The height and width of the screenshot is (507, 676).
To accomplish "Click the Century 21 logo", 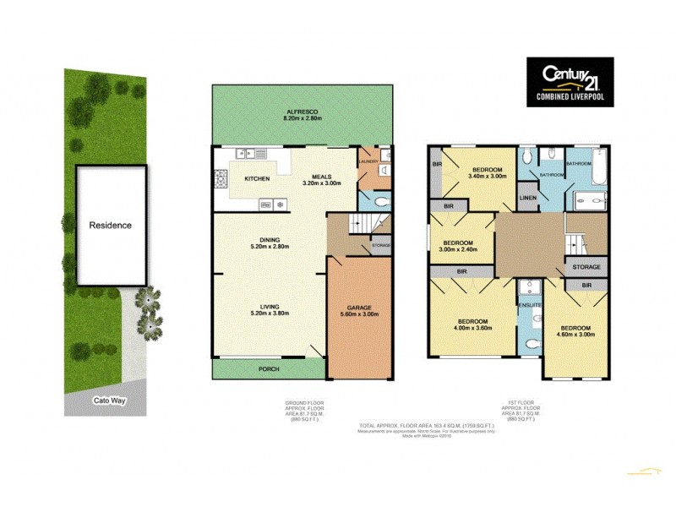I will pyautogui.click(x=570, y=82).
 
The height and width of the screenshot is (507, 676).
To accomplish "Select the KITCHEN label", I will pyautogui.click(x=257, y=180).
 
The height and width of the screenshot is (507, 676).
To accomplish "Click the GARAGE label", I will pyautogui.click(x=360, y=308).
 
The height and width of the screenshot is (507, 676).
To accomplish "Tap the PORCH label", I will pyautogui.click(x=268, y=369).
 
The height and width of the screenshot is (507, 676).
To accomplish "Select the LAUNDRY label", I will pyautogui.click(x=370, y=161).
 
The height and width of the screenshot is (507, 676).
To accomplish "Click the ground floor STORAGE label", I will pyautogui.click(x=381, y=247).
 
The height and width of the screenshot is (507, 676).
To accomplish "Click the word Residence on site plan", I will pyautogui.click(x=112, y=226).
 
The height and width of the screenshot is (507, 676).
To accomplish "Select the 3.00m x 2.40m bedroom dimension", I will pyautogui.click(x=460, y=249).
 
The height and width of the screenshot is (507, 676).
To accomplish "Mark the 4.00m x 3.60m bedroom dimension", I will pyautogui.click(x=472, y=327).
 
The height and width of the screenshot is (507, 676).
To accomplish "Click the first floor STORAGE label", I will pyautogui.click(x=586, y=267).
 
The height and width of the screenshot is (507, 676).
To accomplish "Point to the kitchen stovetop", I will pyautogui.click(x=222, y=180).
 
